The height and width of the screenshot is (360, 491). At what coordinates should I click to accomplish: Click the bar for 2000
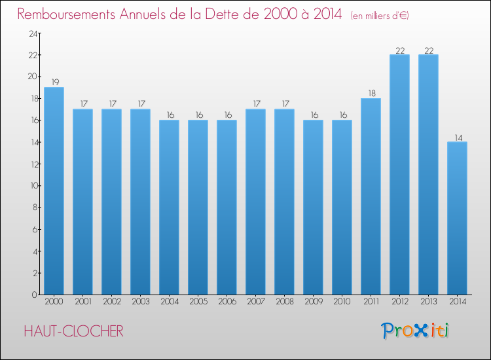54,191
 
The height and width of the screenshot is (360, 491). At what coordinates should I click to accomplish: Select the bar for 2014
457,218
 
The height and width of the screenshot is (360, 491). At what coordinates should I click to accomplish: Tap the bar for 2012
399,175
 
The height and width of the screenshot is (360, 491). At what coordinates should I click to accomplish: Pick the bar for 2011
371,196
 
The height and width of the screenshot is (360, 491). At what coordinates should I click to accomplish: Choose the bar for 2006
227,207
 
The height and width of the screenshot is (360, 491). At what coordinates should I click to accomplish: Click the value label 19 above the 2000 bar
55,82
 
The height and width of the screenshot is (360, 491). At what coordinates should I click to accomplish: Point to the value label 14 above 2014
458,137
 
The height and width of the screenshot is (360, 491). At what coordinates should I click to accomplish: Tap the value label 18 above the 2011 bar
372,94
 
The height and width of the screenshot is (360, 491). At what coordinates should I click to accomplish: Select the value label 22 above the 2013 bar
429,50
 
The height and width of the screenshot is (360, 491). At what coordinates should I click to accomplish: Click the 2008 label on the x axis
285,301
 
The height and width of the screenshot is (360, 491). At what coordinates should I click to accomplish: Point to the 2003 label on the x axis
141,301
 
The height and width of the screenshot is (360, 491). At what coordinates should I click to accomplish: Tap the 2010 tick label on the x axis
342,301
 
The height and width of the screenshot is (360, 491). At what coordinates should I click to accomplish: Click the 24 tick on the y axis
33,33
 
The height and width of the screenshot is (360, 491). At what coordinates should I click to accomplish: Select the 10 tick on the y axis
34,186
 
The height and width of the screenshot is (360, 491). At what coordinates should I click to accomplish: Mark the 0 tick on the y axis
35,295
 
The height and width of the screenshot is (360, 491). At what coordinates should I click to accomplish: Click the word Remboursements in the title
66,14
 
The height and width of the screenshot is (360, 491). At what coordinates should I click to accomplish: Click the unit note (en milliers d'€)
380,16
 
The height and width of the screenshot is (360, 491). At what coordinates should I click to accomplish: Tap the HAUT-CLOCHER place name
73,331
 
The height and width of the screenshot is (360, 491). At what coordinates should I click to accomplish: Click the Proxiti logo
415,331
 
